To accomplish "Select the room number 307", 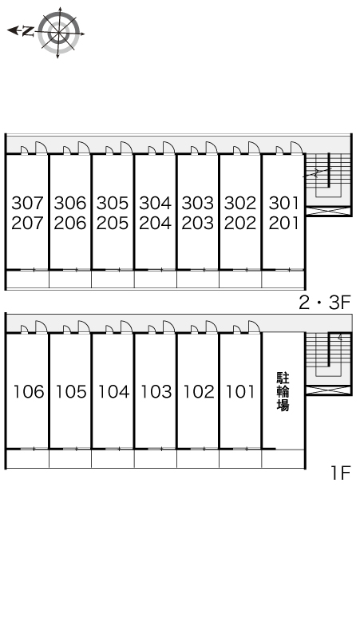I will tap(28, 203).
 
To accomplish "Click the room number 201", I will tap(283, 223).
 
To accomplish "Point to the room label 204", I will tap(156, 223).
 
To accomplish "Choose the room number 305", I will tap(113, 203).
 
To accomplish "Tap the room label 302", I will tap(240, 203).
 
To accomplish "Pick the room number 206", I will tap(70, 223).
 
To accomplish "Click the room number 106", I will tap(28, 392).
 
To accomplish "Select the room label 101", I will tap(240, 392).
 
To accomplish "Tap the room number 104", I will tap(113, 392).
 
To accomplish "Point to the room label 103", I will tap(156, 392).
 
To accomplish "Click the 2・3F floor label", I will tap(325, 303).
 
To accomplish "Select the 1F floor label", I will tap(341, 473).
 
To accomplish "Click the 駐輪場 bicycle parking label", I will tap(283, 391).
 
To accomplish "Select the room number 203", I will tap(198, 223).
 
